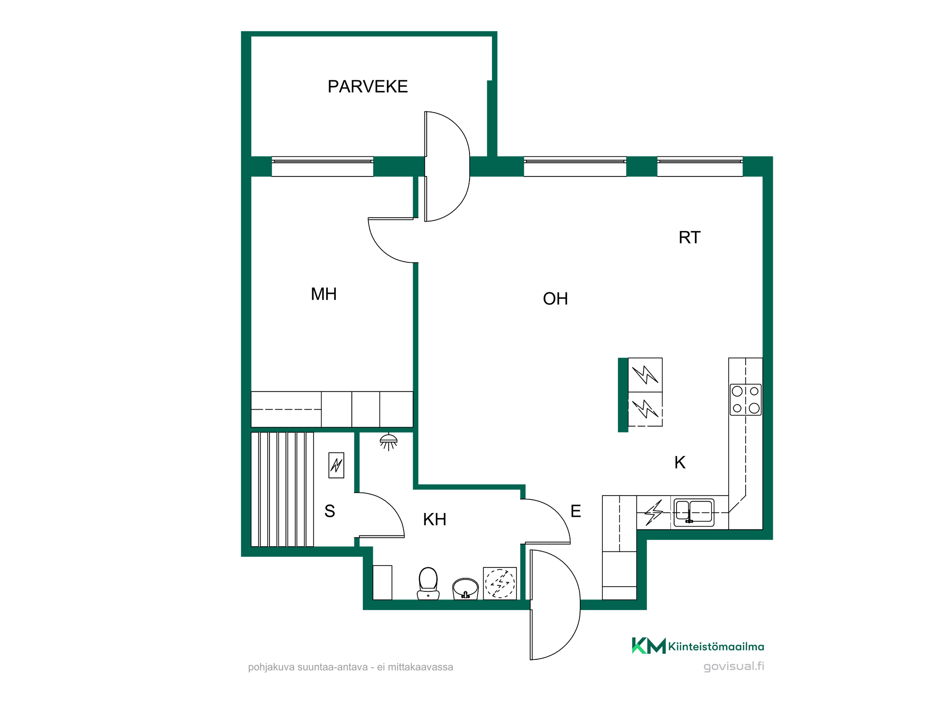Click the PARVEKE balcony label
[368, 87]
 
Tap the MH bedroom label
[324, 294]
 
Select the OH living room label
[555, 299]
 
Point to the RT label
[689, 237]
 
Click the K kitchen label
[680, 462]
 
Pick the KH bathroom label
[435, 520]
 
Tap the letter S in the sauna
[330, 511]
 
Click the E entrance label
[576, 511]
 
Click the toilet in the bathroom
[428, 583]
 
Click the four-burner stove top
[746, 399]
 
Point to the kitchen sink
[694, 513]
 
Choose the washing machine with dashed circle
[500, 583]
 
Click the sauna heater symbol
[336, 465]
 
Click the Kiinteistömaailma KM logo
[698, 646]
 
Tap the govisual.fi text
[734, 666]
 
